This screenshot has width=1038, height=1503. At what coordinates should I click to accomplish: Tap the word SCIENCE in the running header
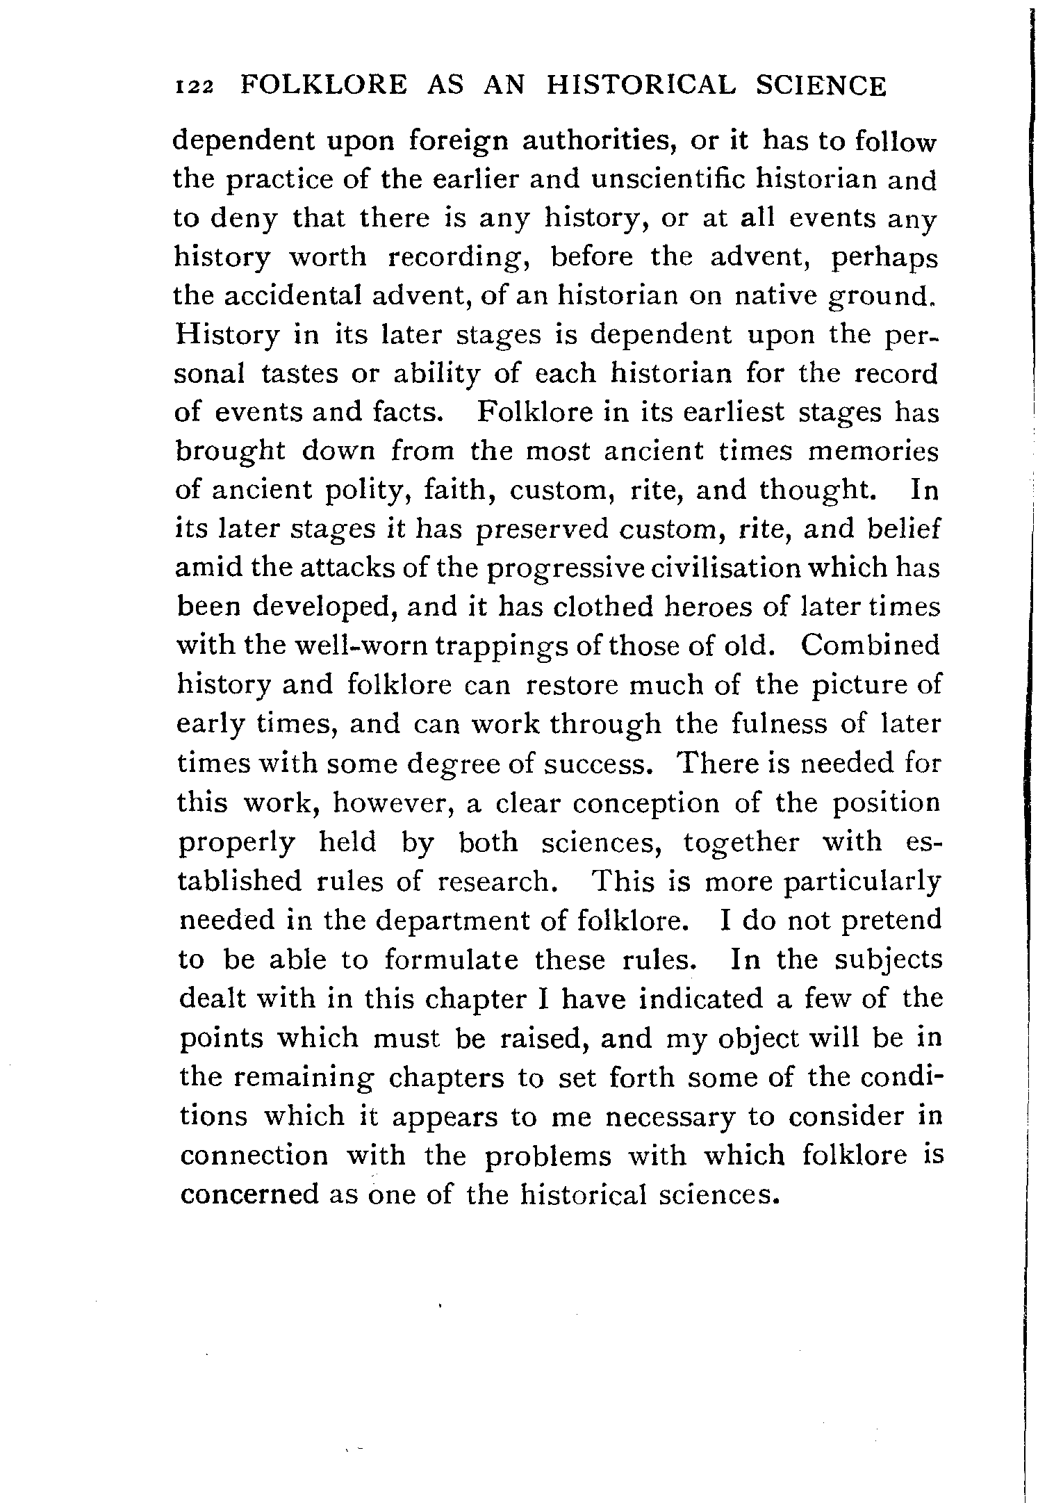pos(821,85)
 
